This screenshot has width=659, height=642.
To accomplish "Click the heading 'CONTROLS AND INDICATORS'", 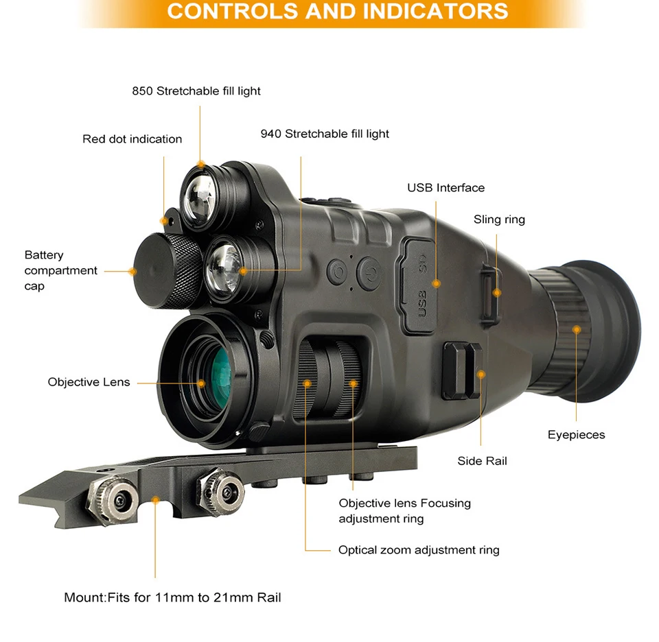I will (337, 12).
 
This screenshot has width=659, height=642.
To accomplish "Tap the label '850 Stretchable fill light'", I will (196, 91).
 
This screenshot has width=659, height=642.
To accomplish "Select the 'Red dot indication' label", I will (132, 139).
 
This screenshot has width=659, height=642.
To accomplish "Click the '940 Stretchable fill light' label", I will (325, 134).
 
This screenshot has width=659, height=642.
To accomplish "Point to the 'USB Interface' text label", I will (446, 188).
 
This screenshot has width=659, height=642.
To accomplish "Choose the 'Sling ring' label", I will (499, 219).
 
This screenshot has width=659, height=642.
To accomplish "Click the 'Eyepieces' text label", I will (576, 435).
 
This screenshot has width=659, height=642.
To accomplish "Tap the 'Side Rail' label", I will (482, 461).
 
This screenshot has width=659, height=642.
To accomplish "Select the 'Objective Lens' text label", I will (89, 382).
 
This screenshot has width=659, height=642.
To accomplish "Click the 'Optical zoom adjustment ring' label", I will (419, 550).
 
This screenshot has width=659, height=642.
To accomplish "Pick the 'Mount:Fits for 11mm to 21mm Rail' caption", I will (172, 597).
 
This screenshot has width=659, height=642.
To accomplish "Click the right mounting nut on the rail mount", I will (219, 488).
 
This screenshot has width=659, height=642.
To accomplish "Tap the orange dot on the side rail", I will (481, 374).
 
